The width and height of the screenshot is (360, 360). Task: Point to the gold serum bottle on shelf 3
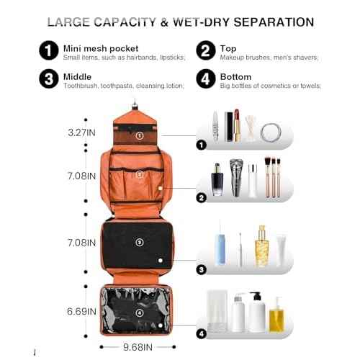pyautogui.click(x=261, y=246)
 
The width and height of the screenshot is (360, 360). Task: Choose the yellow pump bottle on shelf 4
pyautogui.click(x=276, y=315)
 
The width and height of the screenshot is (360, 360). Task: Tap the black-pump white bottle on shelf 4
pyautogui.click(x=256, y=311)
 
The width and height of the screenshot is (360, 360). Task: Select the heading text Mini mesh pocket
pyautogui.click(x=94, y=45)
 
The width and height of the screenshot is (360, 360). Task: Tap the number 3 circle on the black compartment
pyautogui.click(x=140, y=242)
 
